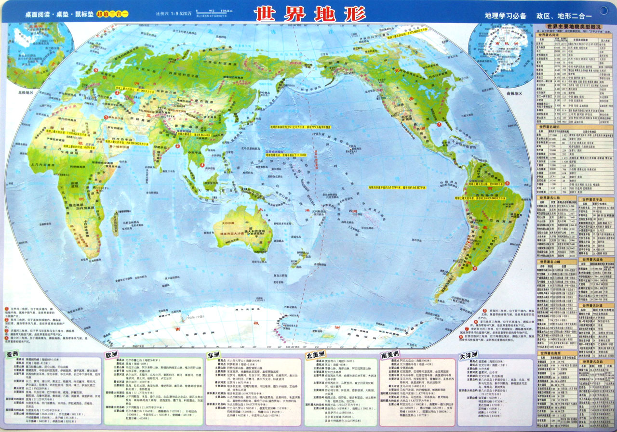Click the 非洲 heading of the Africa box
pyautogui.click(x=215, y=355)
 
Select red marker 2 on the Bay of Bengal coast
pyautogui.click(x=178, y=146)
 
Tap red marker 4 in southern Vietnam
pyautogui.click(x=202, y=165)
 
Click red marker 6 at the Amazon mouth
pyautogui.click(x=507, y=183)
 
